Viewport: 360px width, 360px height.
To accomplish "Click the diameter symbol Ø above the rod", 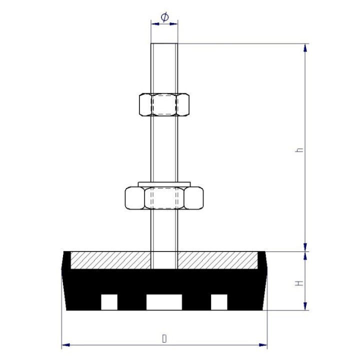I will point(164,17).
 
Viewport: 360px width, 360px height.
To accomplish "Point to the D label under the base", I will point(164,338).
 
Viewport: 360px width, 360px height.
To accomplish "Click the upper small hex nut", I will point(164,104).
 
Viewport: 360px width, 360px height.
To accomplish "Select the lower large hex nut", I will point(164,197).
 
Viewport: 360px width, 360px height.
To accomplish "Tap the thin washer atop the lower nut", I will point(164,182).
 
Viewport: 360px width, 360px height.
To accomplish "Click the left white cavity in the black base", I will point(109,302).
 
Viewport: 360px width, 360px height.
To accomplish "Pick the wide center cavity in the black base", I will point(164,302).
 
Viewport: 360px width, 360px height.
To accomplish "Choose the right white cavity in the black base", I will point(219,302).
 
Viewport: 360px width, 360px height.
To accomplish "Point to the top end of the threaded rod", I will point(164,46).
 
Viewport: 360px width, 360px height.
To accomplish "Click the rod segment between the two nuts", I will point(164,147).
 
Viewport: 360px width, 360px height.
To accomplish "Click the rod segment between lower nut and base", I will point(164,230).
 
